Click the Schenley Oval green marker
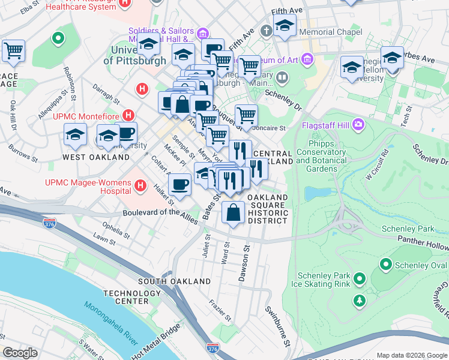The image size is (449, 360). pyautogui.click(x=385, y=264)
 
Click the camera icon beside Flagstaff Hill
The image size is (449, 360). pyautogui.click(x=359, y=124)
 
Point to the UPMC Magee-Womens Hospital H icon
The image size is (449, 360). pyautogui.click(x=140, y=186)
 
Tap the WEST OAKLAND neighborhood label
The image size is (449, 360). pyautogui.click(x=96, y=157)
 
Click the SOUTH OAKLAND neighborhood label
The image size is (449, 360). pyautogui.click(x=166, y=281)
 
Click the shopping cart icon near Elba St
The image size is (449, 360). pyautogui.click(x=13, y=50)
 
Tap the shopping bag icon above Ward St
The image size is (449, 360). pyautogui.click(x=233, y=211)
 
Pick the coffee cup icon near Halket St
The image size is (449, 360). pyautogui.click(x=179, y=184)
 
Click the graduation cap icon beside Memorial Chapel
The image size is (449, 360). pyautogui.click(x=285, y=25)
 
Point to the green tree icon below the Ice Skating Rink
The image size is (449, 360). pyautogui.click(x=360, y=299)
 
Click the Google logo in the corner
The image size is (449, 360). pyautogui.click(x=20, y=353)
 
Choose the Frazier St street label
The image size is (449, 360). pyautogui.click(x=221, y=311)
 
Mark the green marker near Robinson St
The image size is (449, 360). pyautogui.click(x=58, y=40)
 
